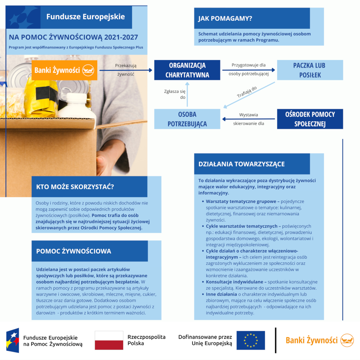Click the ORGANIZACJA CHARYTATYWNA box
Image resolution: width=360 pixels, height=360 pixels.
(x=187, y=70)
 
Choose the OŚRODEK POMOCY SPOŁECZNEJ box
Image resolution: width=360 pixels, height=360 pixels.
(x=310, y=119)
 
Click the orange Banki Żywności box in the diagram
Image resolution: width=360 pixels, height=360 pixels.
(x=64, y=70)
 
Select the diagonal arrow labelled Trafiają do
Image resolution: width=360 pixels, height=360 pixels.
(x=249, y=95)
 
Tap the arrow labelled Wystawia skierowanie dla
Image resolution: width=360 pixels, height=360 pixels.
(x=249, y=119)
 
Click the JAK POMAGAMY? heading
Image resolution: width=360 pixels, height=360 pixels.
(x=226, y=18)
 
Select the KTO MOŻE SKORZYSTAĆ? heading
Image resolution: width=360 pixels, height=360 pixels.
(x=75, y=187)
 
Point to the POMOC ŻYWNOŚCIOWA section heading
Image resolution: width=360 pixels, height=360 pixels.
(x=74, y=251)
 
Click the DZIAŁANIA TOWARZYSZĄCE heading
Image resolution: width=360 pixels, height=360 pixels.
(x=242, y=164)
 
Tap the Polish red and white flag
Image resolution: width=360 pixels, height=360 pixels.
(x=109, y=340)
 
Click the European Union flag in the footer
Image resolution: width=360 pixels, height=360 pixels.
(x=250, y=340)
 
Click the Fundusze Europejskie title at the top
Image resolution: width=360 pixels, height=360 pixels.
(x=86, y=17)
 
